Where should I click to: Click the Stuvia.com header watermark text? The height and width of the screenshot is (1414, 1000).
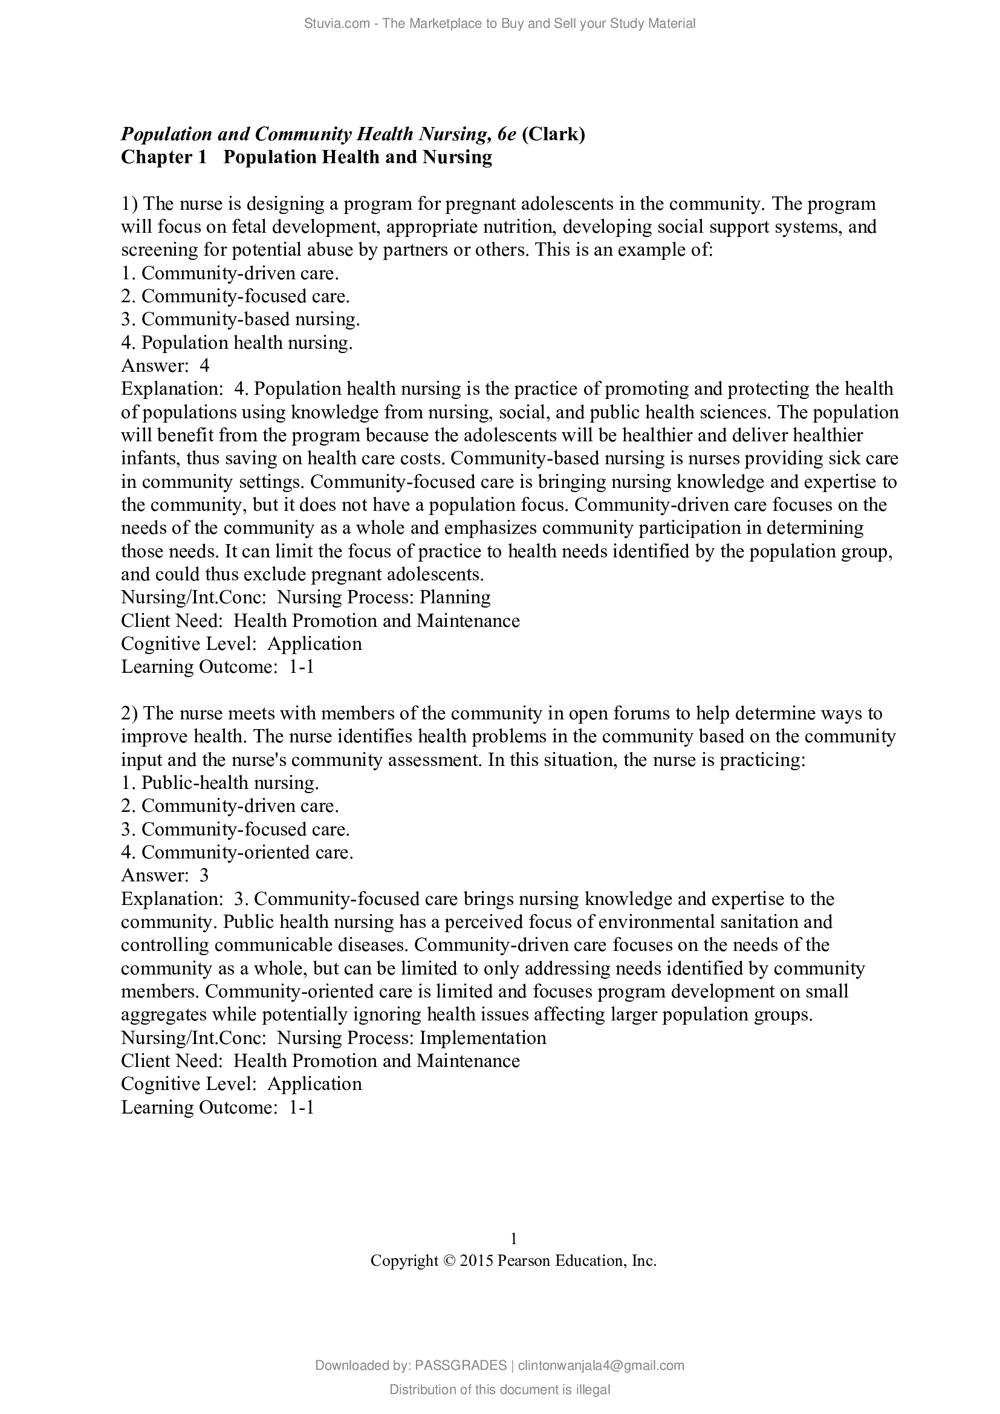tap(499, 24)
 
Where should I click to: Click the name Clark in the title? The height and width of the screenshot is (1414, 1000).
tap(553, 134)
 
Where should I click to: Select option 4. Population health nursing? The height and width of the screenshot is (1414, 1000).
tap(236, 342)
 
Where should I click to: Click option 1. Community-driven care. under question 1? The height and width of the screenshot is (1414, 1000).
tap(230, 273)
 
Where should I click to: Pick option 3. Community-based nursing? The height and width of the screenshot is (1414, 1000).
tap(240, 319)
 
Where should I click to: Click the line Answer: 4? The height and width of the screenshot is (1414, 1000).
tap(165, 366)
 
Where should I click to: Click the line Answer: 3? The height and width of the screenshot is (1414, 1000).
tap(165, 875)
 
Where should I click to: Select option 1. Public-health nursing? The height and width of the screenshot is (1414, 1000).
tap(220, 783)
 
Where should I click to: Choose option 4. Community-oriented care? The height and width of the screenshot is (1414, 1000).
tap(237, 852)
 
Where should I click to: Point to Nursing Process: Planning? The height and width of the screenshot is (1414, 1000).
tap(384, 597)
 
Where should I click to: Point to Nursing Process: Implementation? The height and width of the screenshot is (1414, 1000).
tap(411, 1038)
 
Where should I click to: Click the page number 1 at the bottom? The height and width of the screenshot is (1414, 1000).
tap(513, 1239)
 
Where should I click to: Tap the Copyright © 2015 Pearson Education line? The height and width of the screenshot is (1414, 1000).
tap(513, 1260)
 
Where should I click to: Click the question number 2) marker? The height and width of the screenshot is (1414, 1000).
tap(131, 713)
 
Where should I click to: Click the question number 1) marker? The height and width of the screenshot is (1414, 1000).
tap(131, 203)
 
